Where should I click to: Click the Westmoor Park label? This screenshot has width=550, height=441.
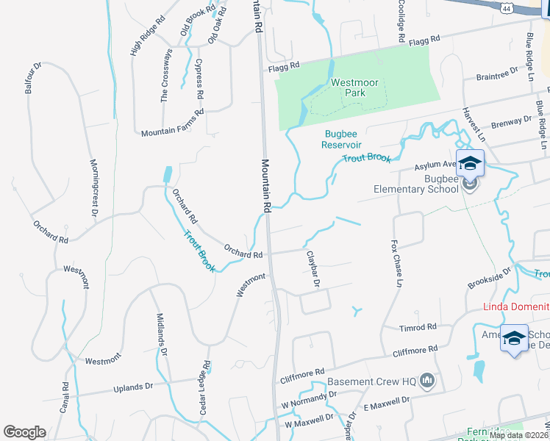click(354, 87)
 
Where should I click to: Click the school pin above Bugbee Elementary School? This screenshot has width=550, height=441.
click(470, 164)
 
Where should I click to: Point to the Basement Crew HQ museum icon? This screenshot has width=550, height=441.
click(428, 381)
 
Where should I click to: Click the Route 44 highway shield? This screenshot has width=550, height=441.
click(506, 7)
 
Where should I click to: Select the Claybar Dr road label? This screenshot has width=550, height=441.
click(312, 268)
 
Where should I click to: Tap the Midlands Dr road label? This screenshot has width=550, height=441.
click(162, 335)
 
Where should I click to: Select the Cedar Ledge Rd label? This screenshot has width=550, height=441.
click(207, 386)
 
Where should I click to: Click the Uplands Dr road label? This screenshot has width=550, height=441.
click(133, 386)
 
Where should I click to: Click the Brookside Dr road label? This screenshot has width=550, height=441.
click(490, 278)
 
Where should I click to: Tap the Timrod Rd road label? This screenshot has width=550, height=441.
click(418, 327)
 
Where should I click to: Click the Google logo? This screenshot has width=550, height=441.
click(24, 431)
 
